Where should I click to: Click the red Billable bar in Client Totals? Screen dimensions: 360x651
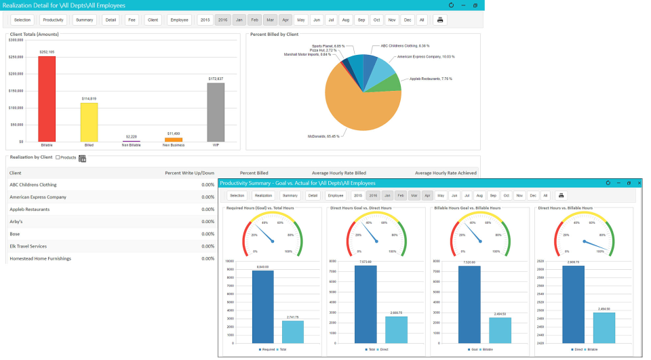pyautogui.click(x=47, y=98)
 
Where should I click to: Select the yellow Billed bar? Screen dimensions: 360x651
pyautogui.click(x=89, y=122)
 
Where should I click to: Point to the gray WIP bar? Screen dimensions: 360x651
pyautogui.click(x=216, y=112)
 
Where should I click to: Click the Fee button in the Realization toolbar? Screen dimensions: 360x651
pyautogui.click(x=132, y=20)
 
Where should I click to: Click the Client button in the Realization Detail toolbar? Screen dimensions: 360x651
pyautogui.click(x=153, y=20)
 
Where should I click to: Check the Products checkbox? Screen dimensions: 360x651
pyautogui.click(x=57, y=158)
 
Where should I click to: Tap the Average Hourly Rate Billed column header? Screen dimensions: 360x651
pyautogui.click(x=338, y=173)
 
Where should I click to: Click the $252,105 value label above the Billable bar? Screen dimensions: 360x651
pyautogui.click(x=47, y=52)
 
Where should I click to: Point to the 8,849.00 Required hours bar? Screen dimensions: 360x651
pyautogui.click(x=262, y=305)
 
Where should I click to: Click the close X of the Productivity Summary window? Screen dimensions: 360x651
pyautogui.click(x=639, y=183)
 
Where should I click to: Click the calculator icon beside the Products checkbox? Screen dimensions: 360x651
pyautogui.click(x=82, y=158)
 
